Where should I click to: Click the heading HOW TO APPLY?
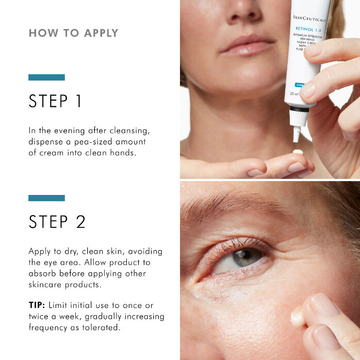point(73,34)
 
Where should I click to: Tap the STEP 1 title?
point(55,101)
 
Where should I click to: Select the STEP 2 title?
point(57,222)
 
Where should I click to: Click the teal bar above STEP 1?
point(46,77)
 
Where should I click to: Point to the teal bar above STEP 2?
point(46,198)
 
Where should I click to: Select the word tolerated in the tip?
point(101,326)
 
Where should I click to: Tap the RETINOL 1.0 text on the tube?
point(308,29)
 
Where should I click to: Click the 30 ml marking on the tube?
point(294,94)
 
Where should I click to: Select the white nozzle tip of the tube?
point(297,136)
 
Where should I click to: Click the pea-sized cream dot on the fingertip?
point(297,152)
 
